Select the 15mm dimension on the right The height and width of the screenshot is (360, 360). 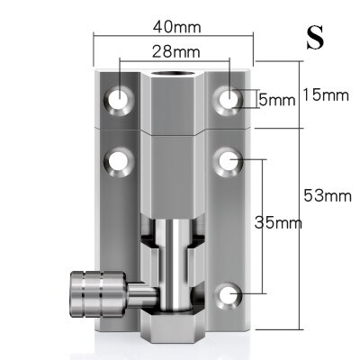321,93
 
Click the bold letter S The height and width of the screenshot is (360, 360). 314,37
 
